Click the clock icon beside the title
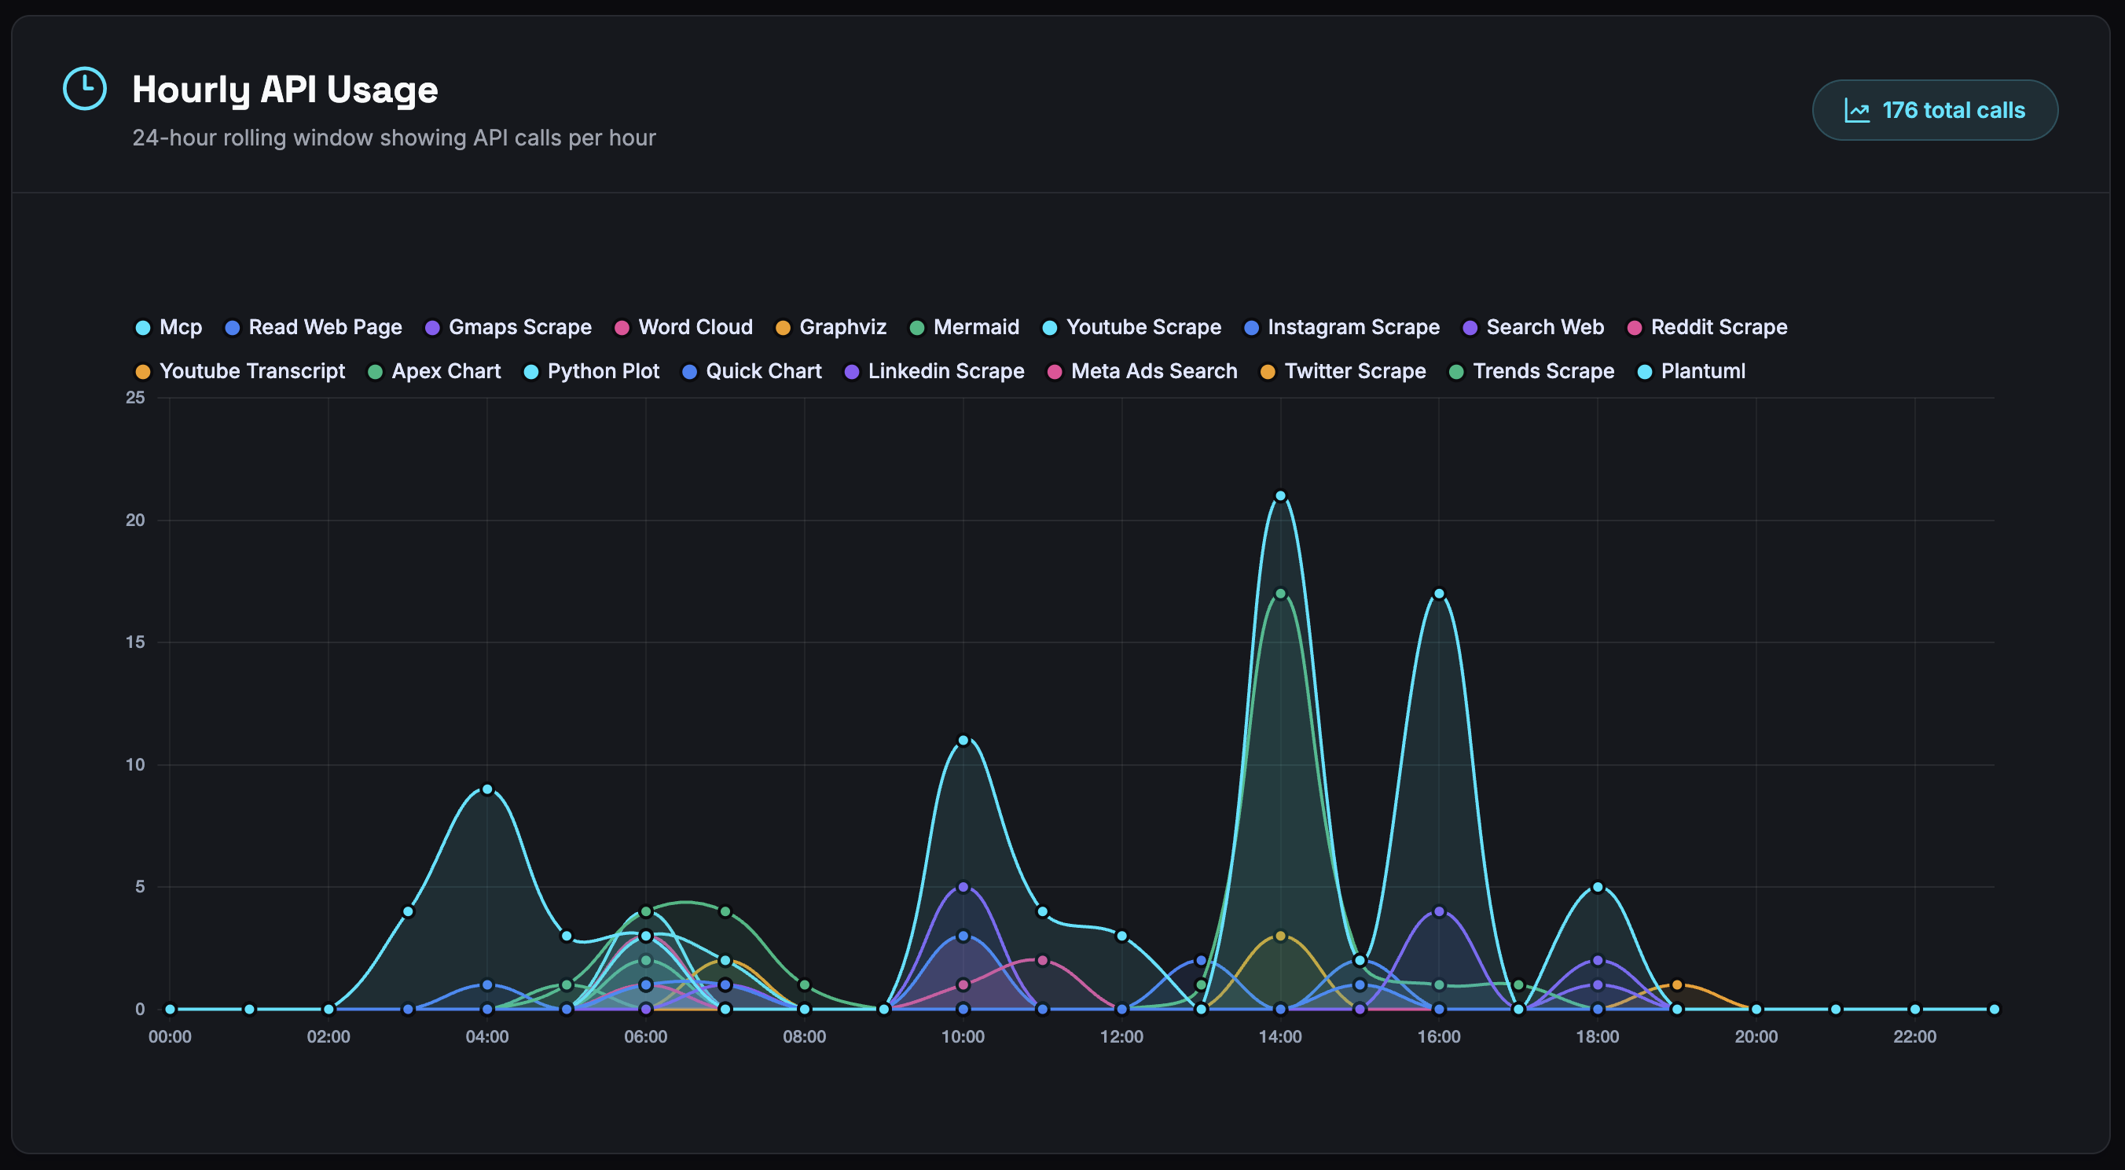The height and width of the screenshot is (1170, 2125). coord(85,88)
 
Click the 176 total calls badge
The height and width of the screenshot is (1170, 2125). coord(1935,111)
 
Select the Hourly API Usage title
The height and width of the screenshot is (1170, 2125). coord(284,89)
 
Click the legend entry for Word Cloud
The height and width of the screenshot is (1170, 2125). coord(684,328)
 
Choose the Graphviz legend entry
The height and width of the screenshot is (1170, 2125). coord(831,328)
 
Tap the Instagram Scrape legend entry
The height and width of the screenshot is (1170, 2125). coord(1341,328)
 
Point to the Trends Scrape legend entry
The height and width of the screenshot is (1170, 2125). coord(1532,371)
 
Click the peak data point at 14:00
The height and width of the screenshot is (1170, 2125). coord(1280,496)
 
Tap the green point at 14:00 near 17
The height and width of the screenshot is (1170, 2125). coord(1280,593)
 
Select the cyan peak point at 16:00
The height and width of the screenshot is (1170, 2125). coord(1439,593)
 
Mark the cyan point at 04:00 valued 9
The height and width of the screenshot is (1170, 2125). coord(486,789)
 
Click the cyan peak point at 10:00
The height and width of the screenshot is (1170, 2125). coord(963,740)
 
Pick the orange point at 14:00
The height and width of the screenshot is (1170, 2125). coord(1280,936)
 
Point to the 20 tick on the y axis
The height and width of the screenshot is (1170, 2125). coord(135,520)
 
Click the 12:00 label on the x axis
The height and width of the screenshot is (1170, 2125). coord(1121,1037)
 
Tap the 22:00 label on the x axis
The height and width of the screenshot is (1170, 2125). coord(1914,1037)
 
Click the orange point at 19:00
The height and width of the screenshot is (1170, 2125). coord(1676,984)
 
